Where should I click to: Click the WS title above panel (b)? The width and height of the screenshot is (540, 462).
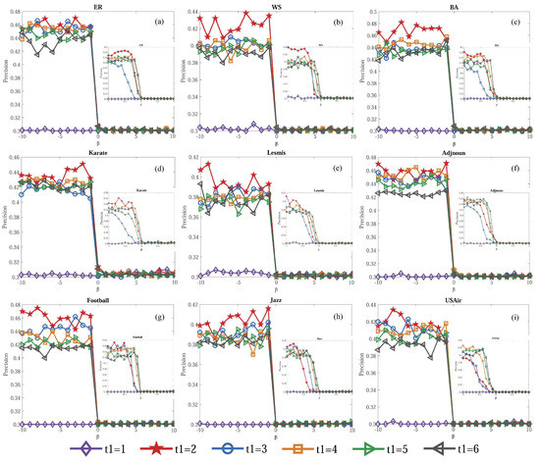[x=277, y=5]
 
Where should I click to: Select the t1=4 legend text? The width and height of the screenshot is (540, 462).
[x=322, y=449]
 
